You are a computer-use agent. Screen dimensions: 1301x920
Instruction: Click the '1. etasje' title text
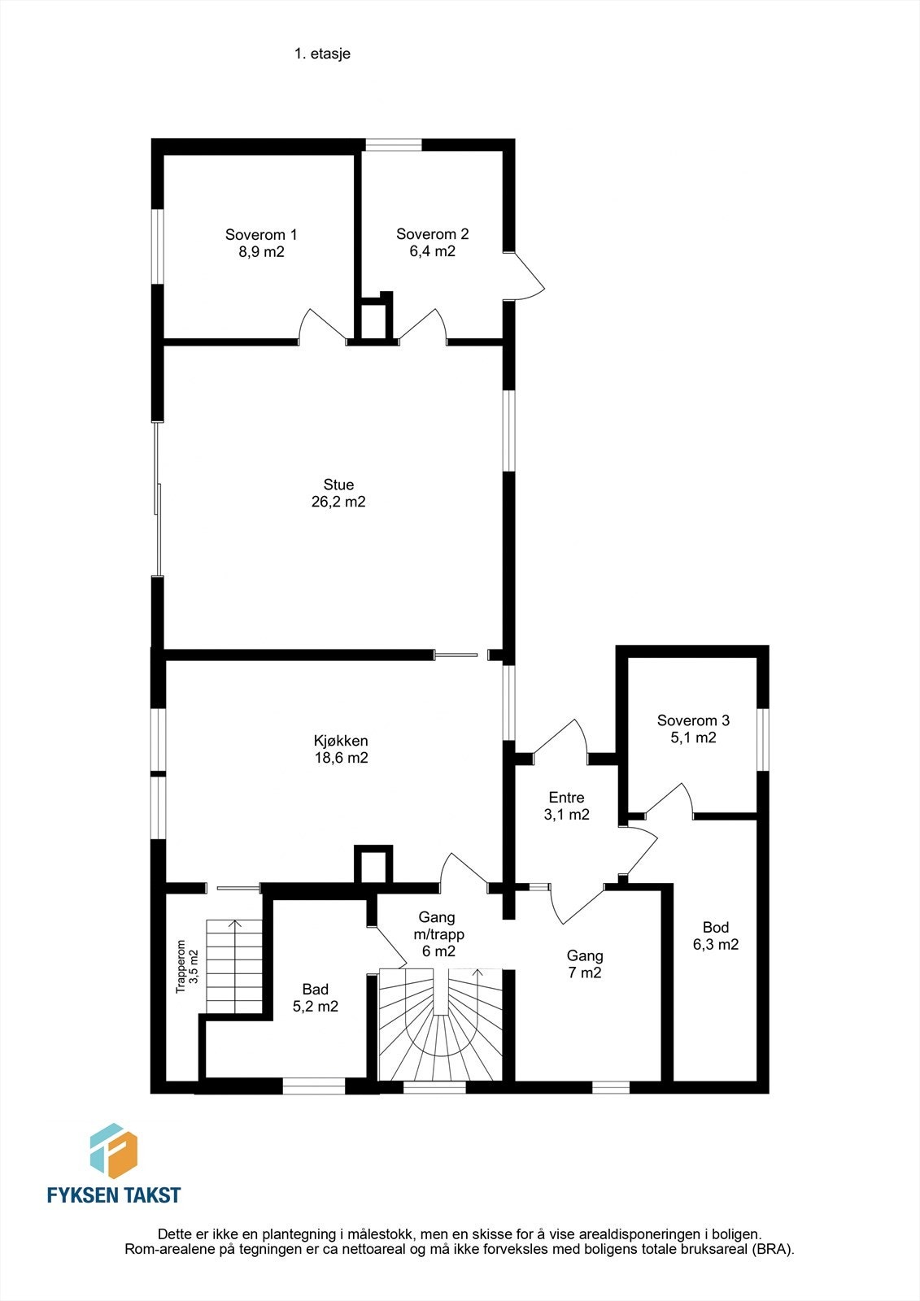(322, 54)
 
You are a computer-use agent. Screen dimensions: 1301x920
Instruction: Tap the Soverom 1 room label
(261, 235)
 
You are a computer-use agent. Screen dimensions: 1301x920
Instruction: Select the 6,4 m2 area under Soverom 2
(432, 252)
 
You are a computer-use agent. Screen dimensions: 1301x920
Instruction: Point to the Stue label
(338, 485)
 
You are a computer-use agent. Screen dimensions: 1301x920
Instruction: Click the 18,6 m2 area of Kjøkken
(341, 759)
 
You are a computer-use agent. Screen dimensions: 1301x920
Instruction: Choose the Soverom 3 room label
(693, 720)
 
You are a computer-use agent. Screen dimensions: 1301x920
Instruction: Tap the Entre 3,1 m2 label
(566, 806)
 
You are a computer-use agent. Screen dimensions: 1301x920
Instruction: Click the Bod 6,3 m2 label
(715, 936)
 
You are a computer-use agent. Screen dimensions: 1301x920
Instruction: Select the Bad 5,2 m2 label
(316, 998)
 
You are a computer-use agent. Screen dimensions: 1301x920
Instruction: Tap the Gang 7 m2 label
(585, 964)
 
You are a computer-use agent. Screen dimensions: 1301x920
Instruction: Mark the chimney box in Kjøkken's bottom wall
(373, 865)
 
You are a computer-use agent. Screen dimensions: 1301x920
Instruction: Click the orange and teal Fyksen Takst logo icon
(113, 1151)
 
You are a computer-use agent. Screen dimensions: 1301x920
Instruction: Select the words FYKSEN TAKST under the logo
(113, 1194)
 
